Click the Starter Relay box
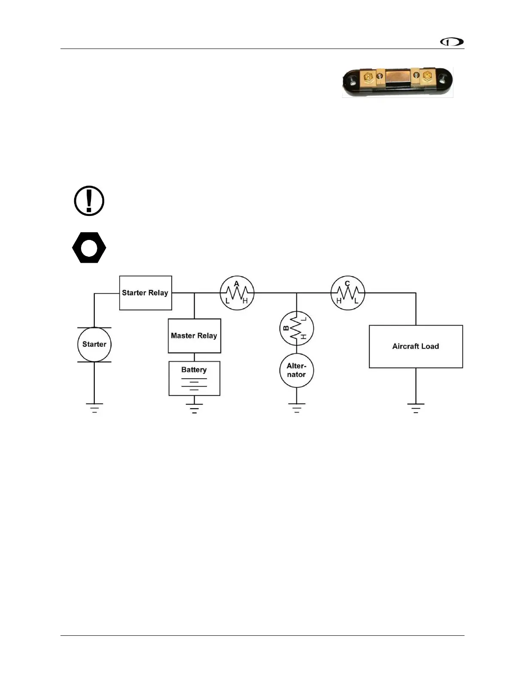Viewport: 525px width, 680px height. click(145, 293)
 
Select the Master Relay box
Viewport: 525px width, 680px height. click(194, 336)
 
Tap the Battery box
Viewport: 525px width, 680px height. click(194, 378)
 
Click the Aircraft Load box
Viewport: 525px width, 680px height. click(416, 346)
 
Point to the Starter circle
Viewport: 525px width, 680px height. click(94, 344)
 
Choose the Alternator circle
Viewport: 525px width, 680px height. click(296, 370)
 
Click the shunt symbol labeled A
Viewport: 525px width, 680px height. click(237, 293)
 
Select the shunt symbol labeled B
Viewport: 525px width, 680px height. click(296, 328)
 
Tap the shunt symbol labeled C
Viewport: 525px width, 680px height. click(347, 293)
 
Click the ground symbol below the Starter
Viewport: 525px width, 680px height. click(94, 408)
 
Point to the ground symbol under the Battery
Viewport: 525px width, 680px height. click(194, 408)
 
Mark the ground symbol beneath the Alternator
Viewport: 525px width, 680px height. click(296, 408)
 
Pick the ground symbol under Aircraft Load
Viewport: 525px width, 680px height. click(416, 408)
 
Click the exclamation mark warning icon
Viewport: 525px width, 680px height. click(89, 200)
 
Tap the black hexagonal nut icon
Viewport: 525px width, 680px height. click(89, 248)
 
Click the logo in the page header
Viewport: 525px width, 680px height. click(452, 42)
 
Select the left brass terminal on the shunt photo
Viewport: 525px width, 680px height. click(368, 78)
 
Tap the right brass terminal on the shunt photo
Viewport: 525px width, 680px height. click(427, 77)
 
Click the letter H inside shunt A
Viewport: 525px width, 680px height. click(245, 301)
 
